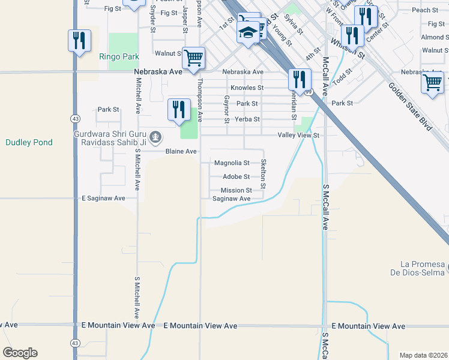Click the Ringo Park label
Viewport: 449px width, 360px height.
[119, 57]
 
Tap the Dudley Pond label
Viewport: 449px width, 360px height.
[29, 142]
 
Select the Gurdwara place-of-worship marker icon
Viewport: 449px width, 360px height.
[155, 137]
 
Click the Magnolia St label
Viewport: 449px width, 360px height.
[232, 163]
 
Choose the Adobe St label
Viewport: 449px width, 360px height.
[236, 176]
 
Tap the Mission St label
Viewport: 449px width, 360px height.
[236, 190]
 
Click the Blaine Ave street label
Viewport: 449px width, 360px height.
[181, 151]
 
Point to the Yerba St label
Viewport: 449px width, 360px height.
[247, 119]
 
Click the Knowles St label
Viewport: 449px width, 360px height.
[247, 88]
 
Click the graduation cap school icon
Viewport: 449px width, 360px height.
[248, 32]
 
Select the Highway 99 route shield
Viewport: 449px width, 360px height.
[308, 92]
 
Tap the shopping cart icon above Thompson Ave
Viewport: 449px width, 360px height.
[194, 58]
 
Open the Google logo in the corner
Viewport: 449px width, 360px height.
[20, 353]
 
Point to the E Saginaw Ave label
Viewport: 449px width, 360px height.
[103, 198]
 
